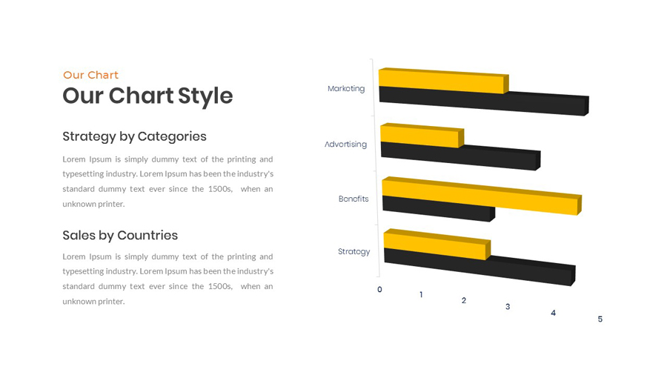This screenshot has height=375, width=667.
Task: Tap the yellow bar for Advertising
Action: click(x=422, y=136)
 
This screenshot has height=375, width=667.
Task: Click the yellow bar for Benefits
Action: click(x=482, y=196)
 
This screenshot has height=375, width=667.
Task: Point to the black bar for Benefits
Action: click(x=438, y=208)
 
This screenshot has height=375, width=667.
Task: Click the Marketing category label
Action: click(x=346, y=88)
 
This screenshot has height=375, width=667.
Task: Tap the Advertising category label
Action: click(x=345, y=144)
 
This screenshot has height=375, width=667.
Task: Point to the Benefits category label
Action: click(x=354, y=199)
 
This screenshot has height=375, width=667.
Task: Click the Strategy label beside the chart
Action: click(x=354, y=252)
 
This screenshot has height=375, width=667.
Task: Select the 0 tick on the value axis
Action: click(x=379, y=290)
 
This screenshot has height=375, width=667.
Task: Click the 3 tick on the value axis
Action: click(x=508, y=307)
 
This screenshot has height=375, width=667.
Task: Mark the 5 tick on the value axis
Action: click(x=600, y=319)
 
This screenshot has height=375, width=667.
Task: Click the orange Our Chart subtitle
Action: click(x=90, y=76)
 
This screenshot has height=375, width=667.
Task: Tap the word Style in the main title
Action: click(x=205, y=96)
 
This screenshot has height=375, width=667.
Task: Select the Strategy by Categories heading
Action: click(x=134, y=136)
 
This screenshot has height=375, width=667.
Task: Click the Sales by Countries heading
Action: click(x=120, y=235)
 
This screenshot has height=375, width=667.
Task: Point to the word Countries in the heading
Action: click(x=147, y=235)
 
